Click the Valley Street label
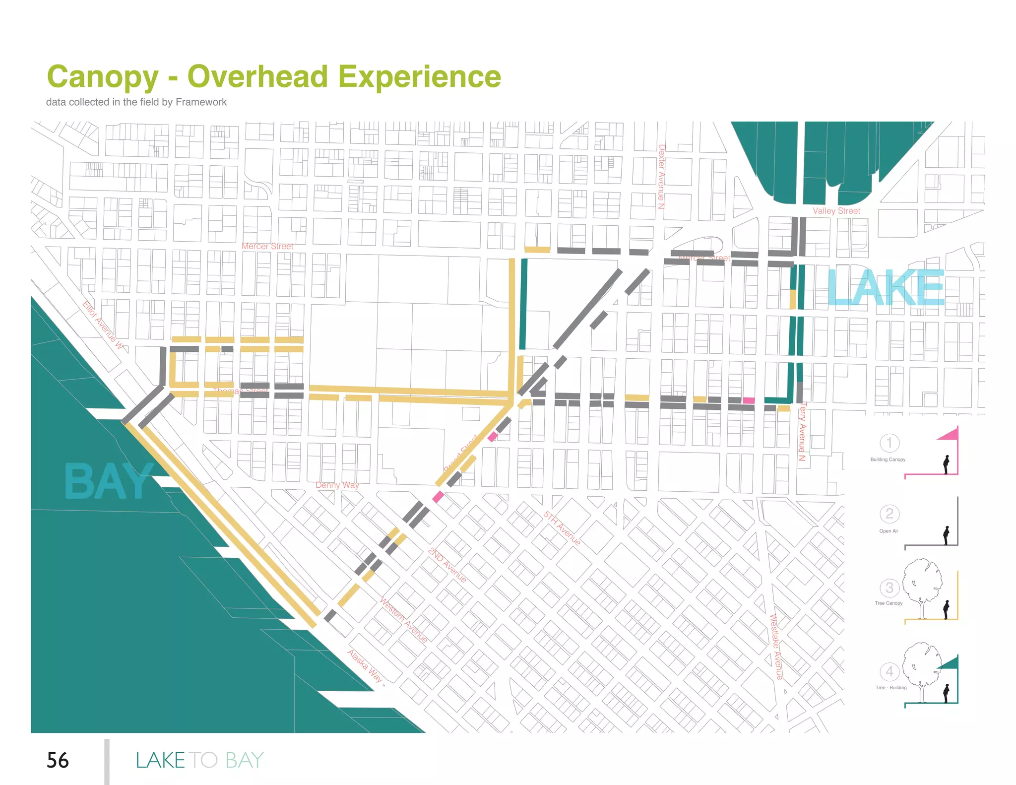836,211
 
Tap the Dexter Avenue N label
661,176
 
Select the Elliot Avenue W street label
102,325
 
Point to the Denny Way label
337,485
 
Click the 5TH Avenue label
562,528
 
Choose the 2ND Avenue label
447,565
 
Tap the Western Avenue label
403,620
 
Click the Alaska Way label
365,666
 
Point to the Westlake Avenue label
775,647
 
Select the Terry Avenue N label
802,432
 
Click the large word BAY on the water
108,482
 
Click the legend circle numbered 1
889,443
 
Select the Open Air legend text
889,531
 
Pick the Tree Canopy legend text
889,603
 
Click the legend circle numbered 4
889,672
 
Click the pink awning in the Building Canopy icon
949,435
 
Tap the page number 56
58,760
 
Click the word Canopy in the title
103,77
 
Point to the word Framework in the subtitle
201,102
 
